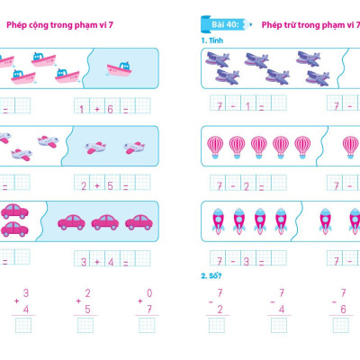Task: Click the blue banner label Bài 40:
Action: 226,24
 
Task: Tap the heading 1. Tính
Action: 212,40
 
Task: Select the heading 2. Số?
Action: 211,275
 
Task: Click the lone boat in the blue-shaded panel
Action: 120,69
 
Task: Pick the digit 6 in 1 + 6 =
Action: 110,109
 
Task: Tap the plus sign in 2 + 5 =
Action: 97,186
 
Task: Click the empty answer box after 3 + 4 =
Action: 143,258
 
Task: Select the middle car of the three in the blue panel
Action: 105,222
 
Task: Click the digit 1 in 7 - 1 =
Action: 247,106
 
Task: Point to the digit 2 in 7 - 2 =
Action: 247,186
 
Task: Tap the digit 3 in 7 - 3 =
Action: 247,261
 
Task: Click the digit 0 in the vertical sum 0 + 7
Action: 149,292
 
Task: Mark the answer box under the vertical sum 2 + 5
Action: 85,325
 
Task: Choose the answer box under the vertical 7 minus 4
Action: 279,325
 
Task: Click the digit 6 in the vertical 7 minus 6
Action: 343,310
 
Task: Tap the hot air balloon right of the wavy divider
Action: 350,147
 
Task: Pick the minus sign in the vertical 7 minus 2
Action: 211,302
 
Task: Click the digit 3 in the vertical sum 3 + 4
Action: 26,292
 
